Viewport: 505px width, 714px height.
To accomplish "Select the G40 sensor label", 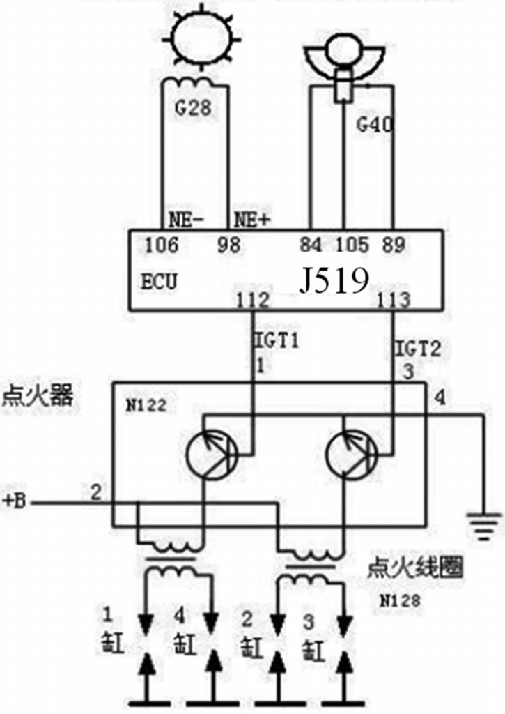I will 374,126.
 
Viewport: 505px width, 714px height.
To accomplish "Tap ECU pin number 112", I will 252,300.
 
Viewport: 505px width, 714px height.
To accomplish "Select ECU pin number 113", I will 394,300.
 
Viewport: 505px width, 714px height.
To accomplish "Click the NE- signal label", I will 186,220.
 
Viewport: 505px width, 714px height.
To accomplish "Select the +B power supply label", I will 15,501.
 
